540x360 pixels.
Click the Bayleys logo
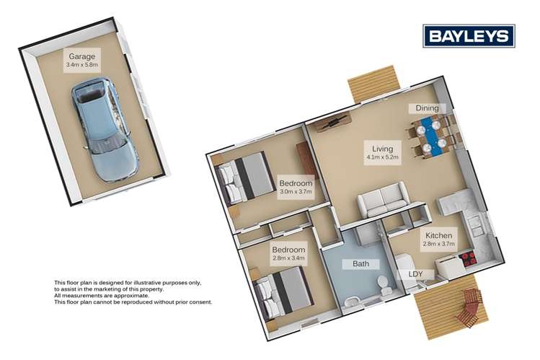[468, 35]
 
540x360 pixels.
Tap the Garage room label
[82, 56]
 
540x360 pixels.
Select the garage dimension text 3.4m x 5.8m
[82, 65]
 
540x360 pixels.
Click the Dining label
[423, 108]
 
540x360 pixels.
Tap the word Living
[376, 144]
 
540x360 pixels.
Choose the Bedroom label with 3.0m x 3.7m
[296, 184]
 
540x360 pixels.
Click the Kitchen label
[439, 236]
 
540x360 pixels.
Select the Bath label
[361, 264]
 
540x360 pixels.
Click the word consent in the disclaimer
[198, 302]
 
